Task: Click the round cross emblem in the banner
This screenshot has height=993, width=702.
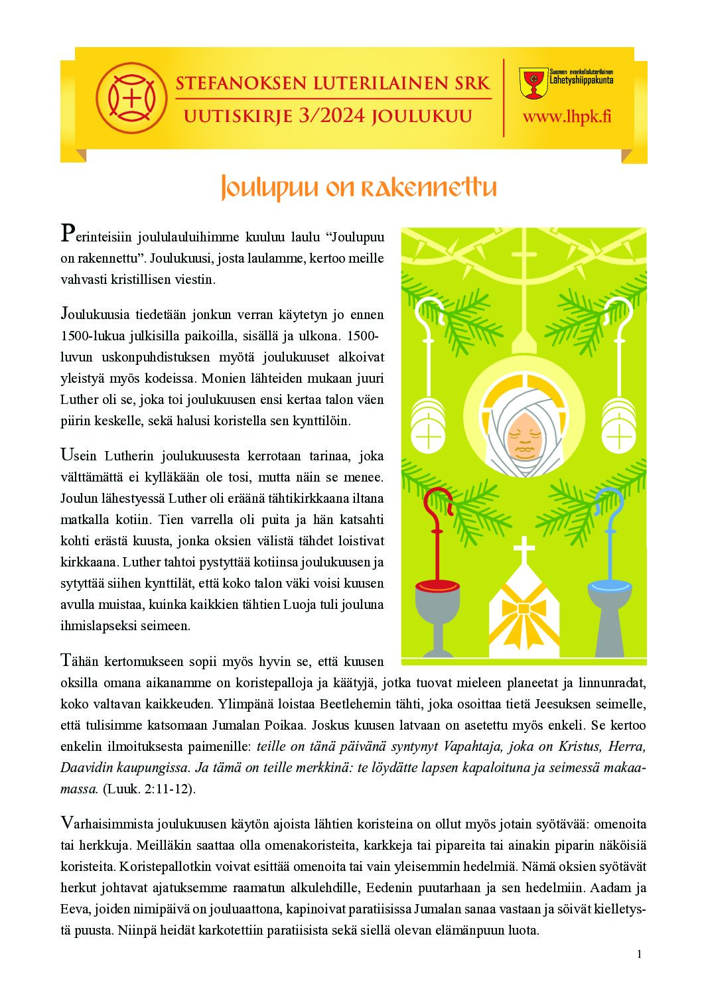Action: coord(131,98)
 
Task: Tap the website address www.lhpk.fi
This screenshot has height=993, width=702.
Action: coord(567,117)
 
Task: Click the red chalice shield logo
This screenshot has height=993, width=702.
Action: coord(533,83)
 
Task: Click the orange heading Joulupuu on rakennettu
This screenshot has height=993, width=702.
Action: coord(358,188)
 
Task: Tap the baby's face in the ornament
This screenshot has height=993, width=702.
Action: coord(524,437)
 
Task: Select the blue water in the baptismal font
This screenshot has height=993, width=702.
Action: coord(609,586)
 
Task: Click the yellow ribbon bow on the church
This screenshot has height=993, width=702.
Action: coord(524,608)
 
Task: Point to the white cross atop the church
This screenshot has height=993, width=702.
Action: coord(524,550)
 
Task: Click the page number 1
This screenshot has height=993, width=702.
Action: coord(639,954)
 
